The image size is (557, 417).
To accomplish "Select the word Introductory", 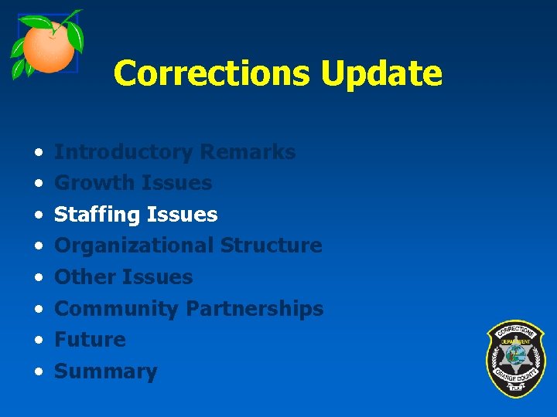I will click(x=123, y=152).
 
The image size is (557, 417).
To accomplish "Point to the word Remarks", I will click(x=247, y=152).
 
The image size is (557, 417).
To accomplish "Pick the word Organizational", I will click(x=134, y=246).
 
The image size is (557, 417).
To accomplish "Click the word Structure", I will click(x=271, y=246).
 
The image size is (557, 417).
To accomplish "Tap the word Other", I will click(x=83, y=277).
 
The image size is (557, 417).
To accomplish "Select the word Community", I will click(x=116, y=309).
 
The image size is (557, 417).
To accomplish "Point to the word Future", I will click(x=90, y=340).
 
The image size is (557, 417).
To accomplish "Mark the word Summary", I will click(x=105, y=371).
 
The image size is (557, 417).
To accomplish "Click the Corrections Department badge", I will click(x=515, y=358).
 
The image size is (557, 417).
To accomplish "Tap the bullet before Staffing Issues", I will click(x=38, y=215).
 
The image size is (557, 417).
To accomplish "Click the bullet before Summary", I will click(x=38, y=372).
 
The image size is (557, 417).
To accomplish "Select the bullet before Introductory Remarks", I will click(x=38, y=152).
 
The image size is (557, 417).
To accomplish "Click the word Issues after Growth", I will click(x=176, y=183).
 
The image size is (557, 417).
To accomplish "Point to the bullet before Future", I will click(x=38, y=341).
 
